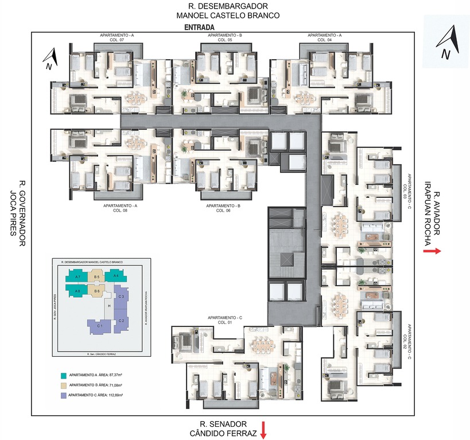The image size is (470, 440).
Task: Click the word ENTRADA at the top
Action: click(200, 27)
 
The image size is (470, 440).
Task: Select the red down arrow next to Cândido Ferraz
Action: click(263, 429)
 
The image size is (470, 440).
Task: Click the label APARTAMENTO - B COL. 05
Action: click(224, 38)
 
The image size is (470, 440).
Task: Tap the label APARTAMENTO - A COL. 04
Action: click(324, 38)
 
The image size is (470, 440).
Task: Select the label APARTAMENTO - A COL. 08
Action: click(120, 208)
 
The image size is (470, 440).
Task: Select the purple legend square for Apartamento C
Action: click(63, 396)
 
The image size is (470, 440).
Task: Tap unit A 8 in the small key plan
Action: click(77, 291)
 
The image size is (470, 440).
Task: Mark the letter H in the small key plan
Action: click(108, 306)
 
